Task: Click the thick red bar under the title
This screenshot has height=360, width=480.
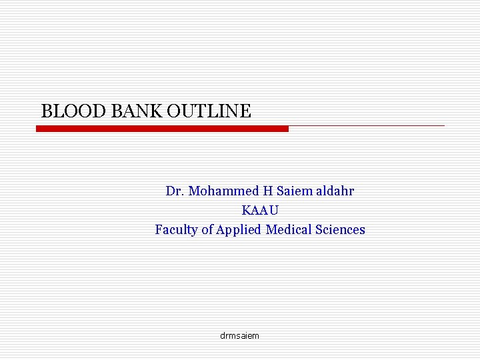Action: (x=162, y=129)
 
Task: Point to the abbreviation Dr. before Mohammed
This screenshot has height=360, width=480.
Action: (x=175, y=191)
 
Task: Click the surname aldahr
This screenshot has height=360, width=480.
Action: (x=335, y=191)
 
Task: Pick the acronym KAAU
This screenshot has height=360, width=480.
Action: (x=260, y=211)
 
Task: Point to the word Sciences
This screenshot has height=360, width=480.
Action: (x=341, y=230)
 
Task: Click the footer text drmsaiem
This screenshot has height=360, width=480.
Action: (x=239, y=335)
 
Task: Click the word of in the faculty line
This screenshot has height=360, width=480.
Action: (x=207, y=230)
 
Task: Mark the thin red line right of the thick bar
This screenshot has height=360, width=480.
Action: (x=367, y=125)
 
